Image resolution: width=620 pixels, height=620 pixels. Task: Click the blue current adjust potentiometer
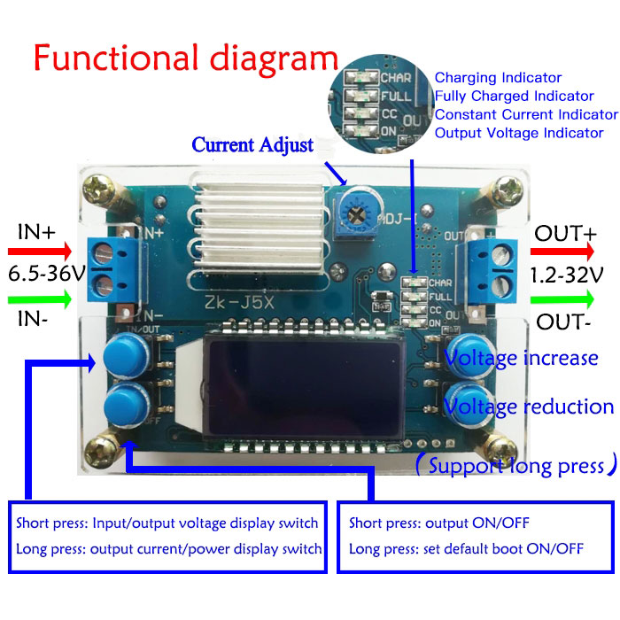coord(358,213)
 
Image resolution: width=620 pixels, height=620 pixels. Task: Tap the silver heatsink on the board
coord(260,229)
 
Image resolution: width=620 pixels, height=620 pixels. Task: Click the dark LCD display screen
coord(305,389)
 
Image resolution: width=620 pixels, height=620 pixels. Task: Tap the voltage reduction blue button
coord(469,406)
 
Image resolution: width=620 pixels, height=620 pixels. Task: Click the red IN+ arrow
coord(40,251)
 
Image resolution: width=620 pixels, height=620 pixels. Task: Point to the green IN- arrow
coord(40,299)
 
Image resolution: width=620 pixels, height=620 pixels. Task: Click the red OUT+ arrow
coord(562,251)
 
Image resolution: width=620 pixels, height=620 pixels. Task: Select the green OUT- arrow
coord(562,299)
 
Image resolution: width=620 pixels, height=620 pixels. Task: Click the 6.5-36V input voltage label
coord(47,273)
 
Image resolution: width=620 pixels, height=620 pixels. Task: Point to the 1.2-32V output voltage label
coord(566,275)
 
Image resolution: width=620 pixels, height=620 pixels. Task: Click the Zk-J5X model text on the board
coord(239,303)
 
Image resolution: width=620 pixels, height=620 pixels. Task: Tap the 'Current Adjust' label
coord(252,144)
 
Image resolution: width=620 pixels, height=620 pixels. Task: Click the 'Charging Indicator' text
coord(498,78)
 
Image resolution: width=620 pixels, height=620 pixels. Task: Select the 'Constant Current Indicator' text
coord(526,114)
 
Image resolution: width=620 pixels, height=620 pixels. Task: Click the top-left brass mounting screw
coord(99,190)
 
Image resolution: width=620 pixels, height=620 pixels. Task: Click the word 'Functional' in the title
coord(115,58)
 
